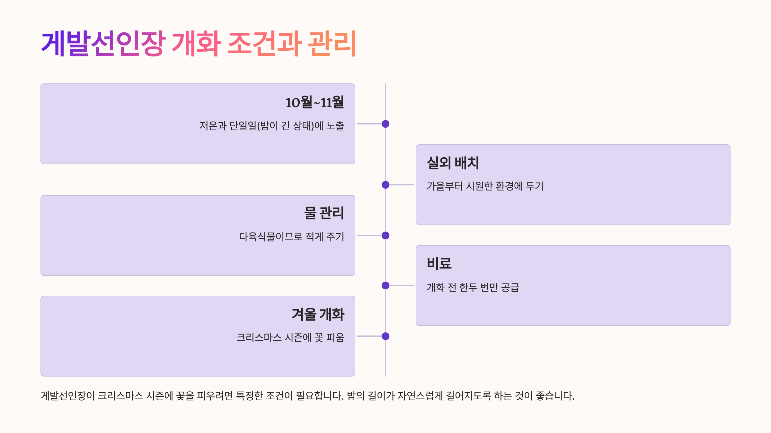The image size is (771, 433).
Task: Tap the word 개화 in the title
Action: click(x=197, y=43)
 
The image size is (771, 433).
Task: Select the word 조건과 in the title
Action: click(x=264, y=43)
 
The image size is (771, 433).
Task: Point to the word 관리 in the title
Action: click(x=332, y=43)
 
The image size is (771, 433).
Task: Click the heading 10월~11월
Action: click(x=315, y=103)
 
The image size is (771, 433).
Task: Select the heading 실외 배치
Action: click(x=453, y=163)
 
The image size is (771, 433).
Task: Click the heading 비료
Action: click(x=439, y=264)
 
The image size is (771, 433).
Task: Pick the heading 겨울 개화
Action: click(x=318, y=314)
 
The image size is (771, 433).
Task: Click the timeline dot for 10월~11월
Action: click(x=385, y=124)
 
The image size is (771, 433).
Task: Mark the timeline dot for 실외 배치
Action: click(x=385, y=185)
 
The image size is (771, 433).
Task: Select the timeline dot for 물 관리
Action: click(x=385, y=235)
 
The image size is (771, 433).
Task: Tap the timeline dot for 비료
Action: click(x=385, y=285)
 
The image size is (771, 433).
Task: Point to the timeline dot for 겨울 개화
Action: click(x=385, y=336)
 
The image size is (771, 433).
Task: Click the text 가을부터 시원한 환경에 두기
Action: click(x=485, y=186)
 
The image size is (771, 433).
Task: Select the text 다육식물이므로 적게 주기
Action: click(x=291, y=237)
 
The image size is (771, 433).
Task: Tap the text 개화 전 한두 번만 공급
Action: click(x=473, y=287)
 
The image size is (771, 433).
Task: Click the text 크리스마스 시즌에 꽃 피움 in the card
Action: click(x=290, y=337)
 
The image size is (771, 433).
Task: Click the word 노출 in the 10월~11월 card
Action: click(x=335, y=126)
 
